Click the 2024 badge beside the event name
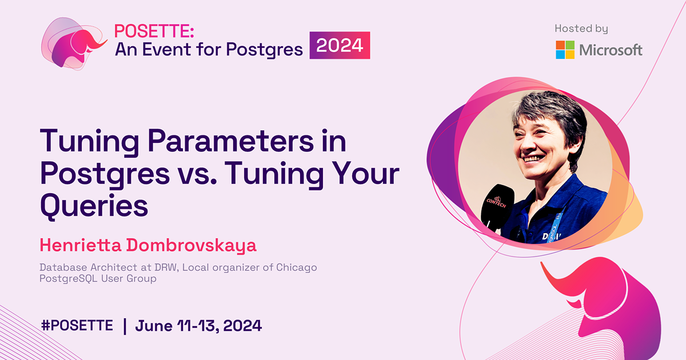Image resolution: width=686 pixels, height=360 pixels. click(340, 46)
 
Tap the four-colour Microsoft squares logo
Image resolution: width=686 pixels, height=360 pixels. click(565, 50)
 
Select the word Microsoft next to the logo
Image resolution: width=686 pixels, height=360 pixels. click(611, 50)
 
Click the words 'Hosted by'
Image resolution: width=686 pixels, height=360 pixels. click(581, 29)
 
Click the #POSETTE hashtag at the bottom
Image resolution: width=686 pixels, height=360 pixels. click(77, 326)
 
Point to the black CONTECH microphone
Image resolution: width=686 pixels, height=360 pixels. click(496, 206)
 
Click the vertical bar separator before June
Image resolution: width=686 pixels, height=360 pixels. click(125, 326)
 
